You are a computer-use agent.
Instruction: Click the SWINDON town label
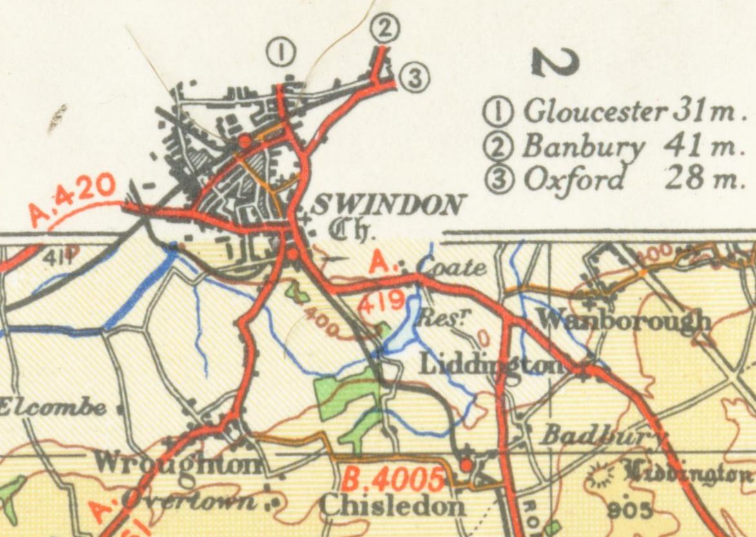(387, 206)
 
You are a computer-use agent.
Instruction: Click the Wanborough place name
(623, 320)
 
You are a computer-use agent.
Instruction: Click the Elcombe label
(53, 407)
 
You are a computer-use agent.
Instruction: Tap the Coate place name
(452, 266)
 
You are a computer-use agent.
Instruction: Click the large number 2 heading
(554, 62)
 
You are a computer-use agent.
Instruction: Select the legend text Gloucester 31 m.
(619, 112)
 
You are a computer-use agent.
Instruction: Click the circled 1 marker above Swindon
(281, 52)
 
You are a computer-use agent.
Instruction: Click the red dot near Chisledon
(466, 464)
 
